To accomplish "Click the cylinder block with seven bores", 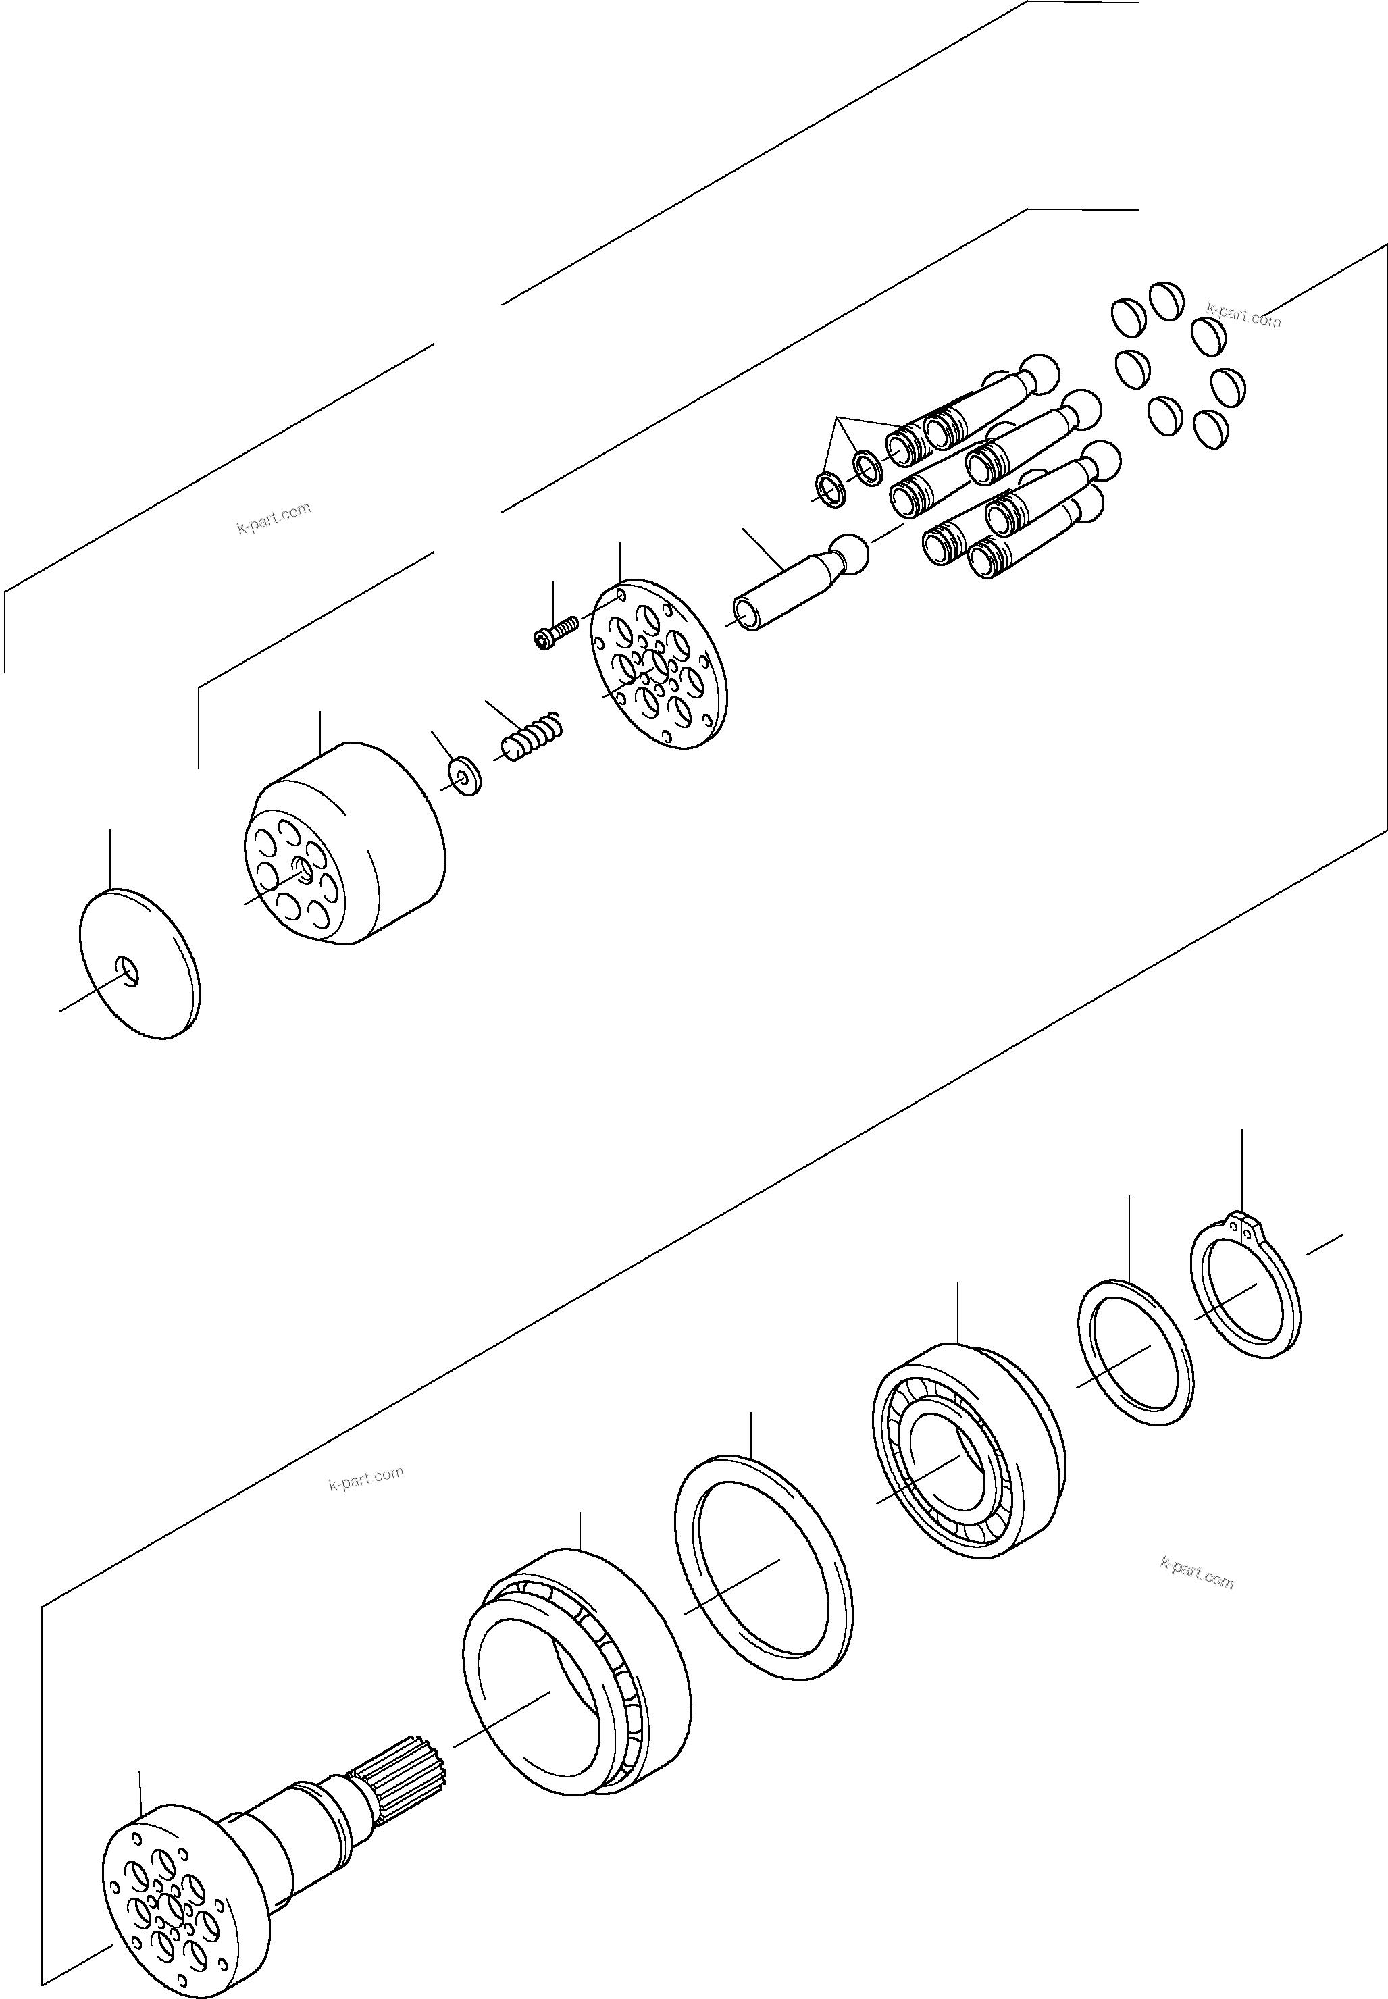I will tap(348, 843).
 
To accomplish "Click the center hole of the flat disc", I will tap(127, 970).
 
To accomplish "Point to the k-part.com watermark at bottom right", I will tap(1197, 1572).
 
